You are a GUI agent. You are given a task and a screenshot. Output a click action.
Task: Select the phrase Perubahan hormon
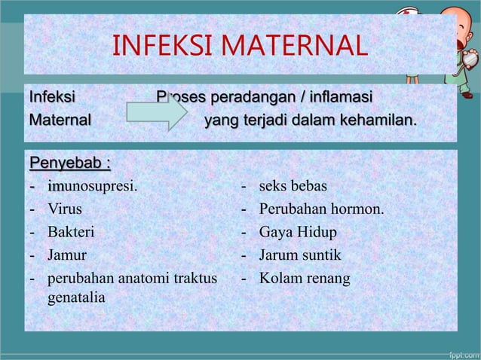pos(321,209)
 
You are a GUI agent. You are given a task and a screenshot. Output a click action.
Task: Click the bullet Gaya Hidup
pos(298,232)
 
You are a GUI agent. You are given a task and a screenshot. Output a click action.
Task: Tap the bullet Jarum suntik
pos(300,255)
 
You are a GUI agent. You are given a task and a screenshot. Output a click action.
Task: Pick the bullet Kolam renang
pos(305,279)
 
